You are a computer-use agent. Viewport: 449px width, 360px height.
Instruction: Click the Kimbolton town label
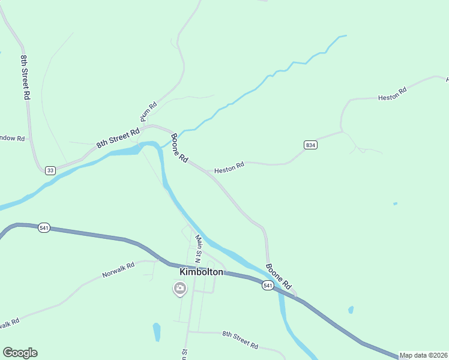pyautogui.click(x=201, y=272)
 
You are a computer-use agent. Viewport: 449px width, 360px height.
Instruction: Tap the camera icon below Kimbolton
pyautogui.click(x=179, y=289)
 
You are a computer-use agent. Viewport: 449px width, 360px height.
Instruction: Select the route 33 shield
pyautogui.click(x=50, y=170)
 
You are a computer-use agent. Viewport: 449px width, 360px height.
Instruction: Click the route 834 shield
pyautogui.click(x=310, y=145)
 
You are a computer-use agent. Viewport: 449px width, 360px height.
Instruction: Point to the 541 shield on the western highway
pyautogui.click(x=43, y=228)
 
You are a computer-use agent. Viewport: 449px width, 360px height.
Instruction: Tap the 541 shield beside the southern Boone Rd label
pyautogui.click(x=268, y=286)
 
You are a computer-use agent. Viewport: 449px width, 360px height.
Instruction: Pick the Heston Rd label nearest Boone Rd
pyautogui.click(x=229, y=169)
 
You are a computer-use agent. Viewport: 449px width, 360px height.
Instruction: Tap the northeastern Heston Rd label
pyautogui.click(x=392, y=94)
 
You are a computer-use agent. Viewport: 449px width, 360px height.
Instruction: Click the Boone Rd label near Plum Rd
pyautogui.click(x=179, y=149)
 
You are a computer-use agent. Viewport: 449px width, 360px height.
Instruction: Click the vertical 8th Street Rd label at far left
pyautogui.click(x=25, y=76)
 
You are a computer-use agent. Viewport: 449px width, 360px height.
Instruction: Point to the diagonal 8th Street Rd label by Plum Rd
pyautogui.click(x=118, y=138)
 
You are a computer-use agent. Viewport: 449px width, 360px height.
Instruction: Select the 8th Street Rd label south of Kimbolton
pyautogui.click(x=240, y=340)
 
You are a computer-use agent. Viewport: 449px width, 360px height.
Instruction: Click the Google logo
pyautogui.click(x=20, y=353)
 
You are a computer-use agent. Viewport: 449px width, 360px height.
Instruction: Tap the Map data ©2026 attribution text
pyautogui.click(x=423, y=355)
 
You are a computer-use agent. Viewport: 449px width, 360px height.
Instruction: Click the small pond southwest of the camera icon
pyautogui.click(x=157, y=331)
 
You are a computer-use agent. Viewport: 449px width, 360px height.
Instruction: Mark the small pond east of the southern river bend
pyautogui.click(x=351, y=310)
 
